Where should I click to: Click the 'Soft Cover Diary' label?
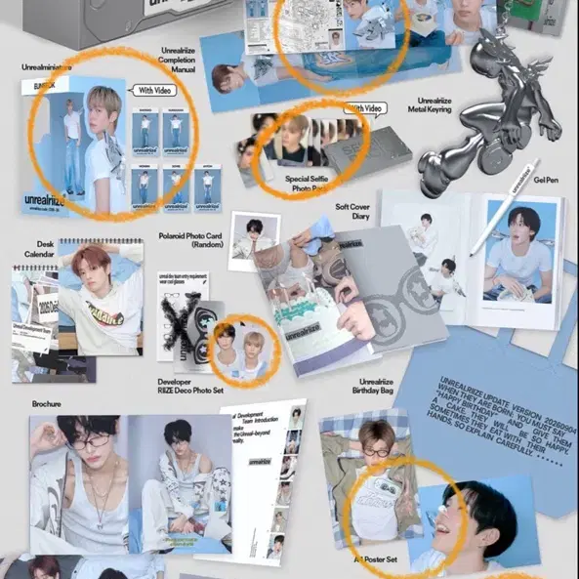(354, 212)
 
